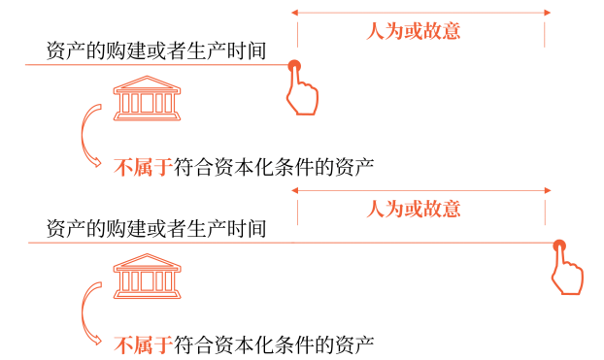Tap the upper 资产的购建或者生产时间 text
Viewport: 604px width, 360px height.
click(156, 49)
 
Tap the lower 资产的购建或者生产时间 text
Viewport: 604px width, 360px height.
click(156, 229)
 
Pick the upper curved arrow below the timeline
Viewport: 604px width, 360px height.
click(90, 134)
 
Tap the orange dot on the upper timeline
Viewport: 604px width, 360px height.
click(293, 66)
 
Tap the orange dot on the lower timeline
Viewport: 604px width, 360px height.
click(557, 245)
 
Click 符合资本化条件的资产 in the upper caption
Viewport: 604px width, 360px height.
click(274, 165)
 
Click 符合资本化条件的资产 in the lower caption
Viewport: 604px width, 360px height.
click(274, 343)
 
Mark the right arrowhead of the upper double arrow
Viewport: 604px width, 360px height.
click(547, 12)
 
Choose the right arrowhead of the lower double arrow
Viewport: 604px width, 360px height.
click(547, 190)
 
